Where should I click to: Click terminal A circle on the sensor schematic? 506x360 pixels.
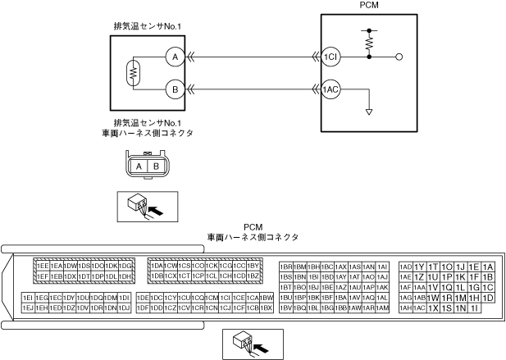[x=173, y=57]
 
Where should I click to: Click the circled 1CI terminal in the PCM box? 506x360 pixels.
[x=330, y=57]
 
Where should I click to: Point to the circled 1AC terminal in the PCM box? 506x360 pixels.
[x=330, y=89]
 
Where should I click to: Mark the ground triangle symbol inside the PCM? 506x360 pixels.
[x=369, y=111]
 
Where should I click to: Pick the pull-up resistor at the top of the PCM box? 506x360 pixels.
[x=369, y=39]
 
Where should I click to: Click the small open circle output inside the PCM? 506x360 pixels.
[x=399, y=57]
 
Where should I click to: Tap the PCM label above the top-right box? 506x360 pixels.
[x=369, y=6]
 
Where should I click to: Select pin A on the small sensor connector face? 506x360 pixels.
[x=139, y=166]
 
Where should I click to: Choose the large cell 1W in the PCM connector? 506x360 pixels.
[x=433, y=298]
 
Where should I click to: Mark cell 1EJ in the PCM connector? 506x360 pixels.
[x=27, y=308]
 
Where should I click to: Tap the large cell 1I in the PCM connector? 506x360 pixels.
[x=475, y=308]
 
